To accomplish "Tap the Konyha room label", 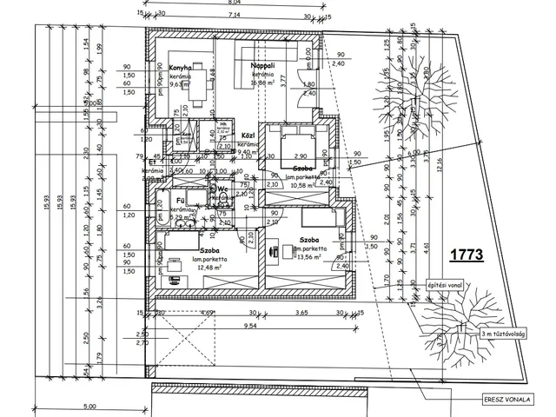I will coord(180,68).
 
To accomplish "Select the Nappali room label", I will coord(262,66).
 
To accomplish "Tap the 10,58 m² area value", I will coord(303,185).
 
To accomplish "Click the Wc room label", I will coord(222,189).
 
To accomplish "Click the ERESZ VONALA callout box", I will coord(509,400).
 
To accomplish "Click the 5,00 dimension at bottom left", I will coord(89,406).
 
